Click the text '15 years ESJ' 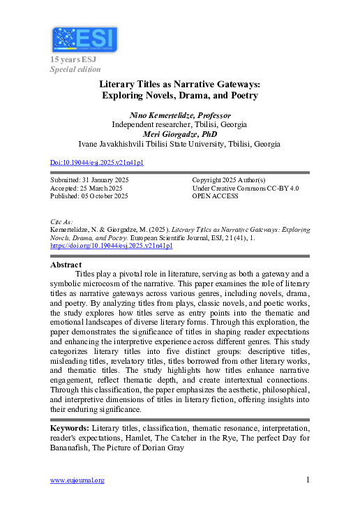[73, 60]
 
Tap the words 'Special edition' [75, 69]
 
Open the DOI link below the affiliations [97, 163]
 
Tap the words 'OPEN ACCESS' [215, 196]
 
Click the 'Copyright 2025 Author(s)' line [228, 180]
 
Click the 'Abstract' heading [66, 265]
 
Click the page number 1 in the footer [308, 480]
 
